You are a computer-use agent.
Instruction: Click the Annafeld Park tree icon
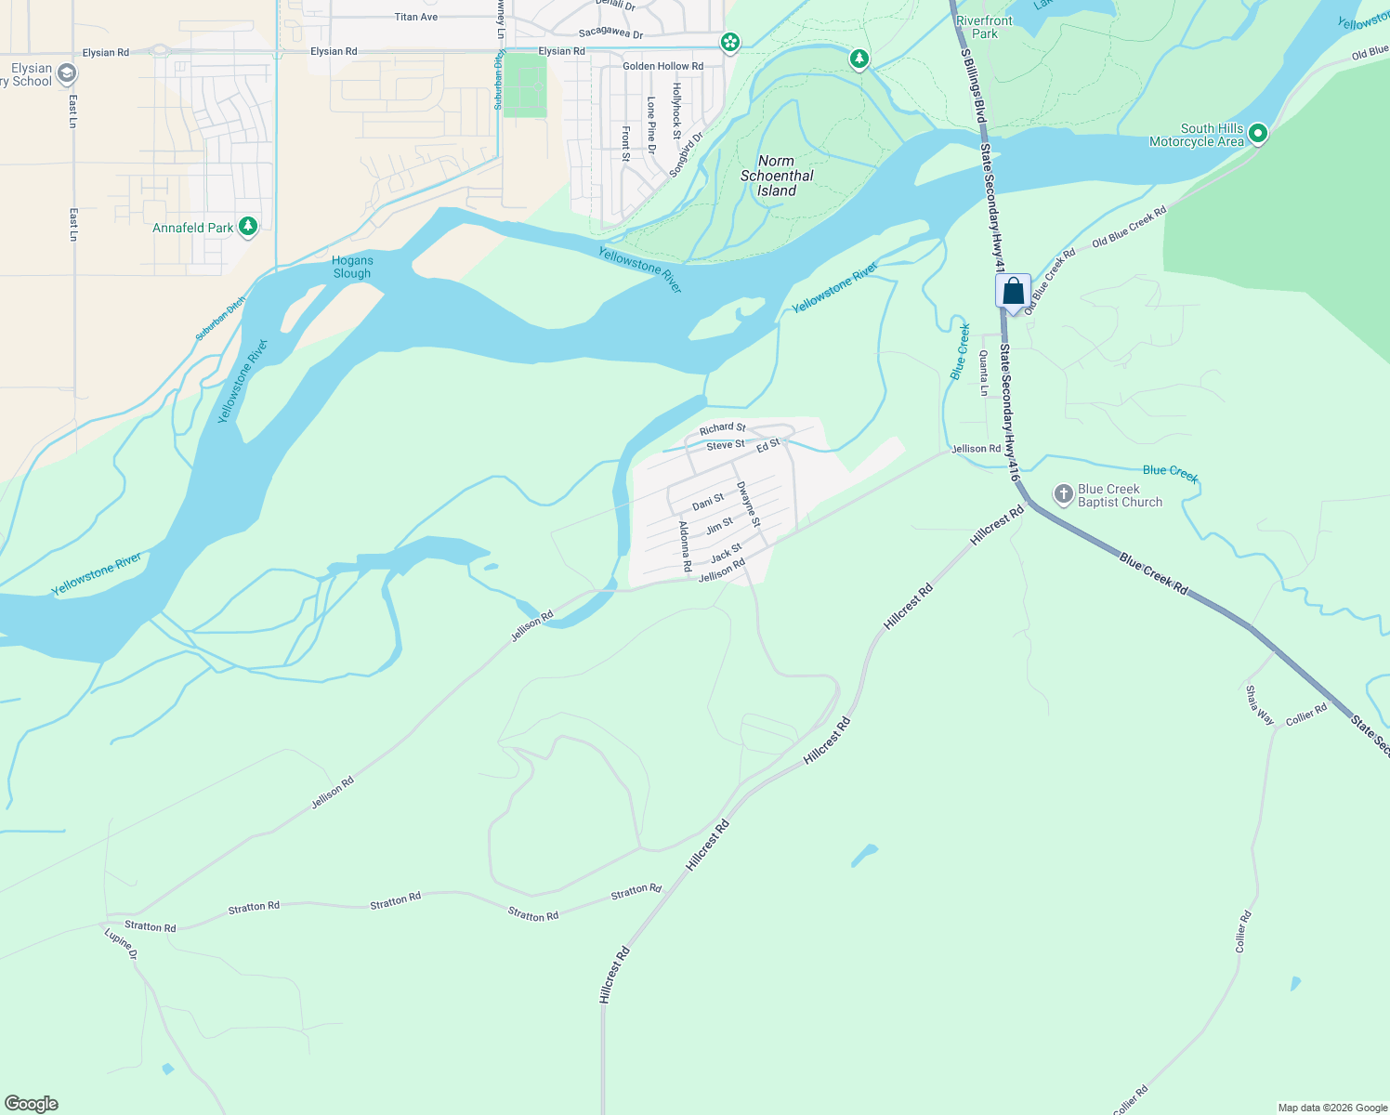(247, 226)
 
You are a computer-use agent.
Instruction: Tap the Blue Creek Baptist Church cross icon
(1064, 494)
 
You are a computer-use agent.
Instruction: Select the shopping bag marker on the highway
(1013, 293)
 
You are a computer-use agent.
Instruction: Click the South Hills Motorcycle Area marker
(1258, 134)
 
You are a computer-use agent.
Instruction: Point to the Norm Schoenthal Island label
(777, 176)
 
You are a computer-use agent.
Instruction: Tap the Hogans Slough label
(352, 267)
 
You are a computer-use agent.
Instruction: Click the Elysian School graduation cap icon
(66, 73)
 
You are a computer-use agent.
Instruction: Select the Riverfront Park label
(985, 27)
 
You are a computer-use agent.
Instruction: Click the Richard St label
(722, 428)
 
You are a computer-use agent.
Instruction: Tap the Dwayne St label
(748, 505)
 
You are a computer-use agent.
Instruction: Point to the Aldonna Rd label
(685, 546)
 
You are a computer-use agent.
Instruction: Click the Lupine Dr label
(121, 943)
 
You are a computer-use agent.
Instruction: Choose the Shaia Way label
(1260, 704)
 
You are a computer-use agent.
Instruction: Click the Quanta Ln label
(983, 373)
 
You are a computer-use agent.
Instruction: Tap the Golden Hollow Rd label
(662, 66)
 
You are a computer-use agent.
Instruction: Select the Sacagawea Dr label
(610, 33)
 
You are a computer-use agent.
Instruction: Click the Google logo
(31, 1104)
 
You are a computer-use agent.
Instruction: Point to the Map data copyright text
(1332, 1108)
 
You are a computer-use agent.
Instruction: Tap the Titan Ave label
(415, 17)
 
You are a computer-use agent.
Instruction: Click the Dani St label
(708, 503)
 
